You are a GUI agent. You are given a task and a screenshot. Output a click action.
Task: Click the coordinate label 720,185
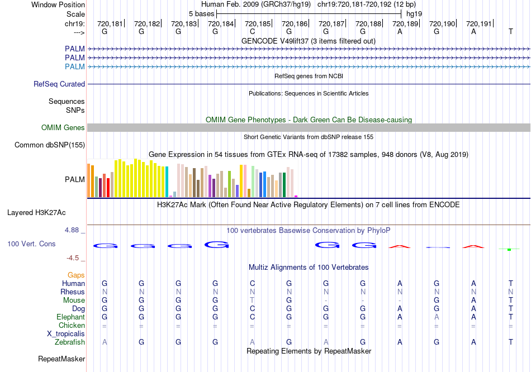(258, 24)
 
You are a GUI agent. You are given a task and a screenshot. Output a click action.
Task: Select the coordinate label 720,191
(479, 24)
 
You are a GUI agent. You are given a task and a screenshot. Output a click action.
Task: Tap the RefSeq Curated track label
(59, 84)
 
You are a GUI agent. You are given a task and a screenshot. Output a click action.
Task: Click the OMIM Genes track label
(63, 128)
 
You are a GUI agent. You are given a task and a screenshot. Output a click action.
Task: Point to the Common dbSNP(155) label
(50, 145)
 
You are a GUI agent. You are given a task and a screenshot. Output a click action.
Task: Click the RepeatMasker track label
(61, 359)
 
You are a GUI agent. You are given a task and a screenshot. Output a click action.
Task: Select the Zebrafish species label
(70, 342)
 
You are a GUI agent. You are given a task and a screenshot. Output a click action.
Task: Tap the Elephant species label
(70, 317)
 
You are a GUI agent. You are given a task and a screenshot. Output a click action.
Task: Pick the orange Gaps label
(76, 275)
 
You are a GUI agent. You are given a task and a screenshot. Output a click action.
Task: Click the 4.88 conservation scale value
(74, 230)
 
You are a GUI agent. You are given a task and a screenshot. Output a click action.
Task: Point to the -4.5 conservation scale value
(75, 258)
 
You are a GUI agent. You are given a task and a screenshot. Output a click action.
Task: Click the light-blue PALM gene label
(75, 67)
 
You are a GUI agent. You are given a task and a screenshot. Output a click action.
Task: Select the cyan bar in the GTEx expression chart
(167, 182)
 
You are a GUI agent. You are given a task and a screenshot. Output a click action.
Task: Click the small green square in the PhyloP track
(509, 249)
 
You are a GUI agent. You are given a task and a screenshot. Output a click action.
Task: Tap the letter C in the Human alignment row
(252, 284)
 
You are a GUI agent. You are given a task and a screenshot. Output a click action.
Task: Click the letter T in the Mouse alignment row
(252, 301)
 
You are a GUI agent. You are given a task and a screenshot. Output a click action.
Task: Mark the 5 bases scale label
(201, 13)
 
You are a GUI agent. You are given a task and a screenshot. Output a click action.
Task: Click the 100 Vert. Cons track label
(32, 244)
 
